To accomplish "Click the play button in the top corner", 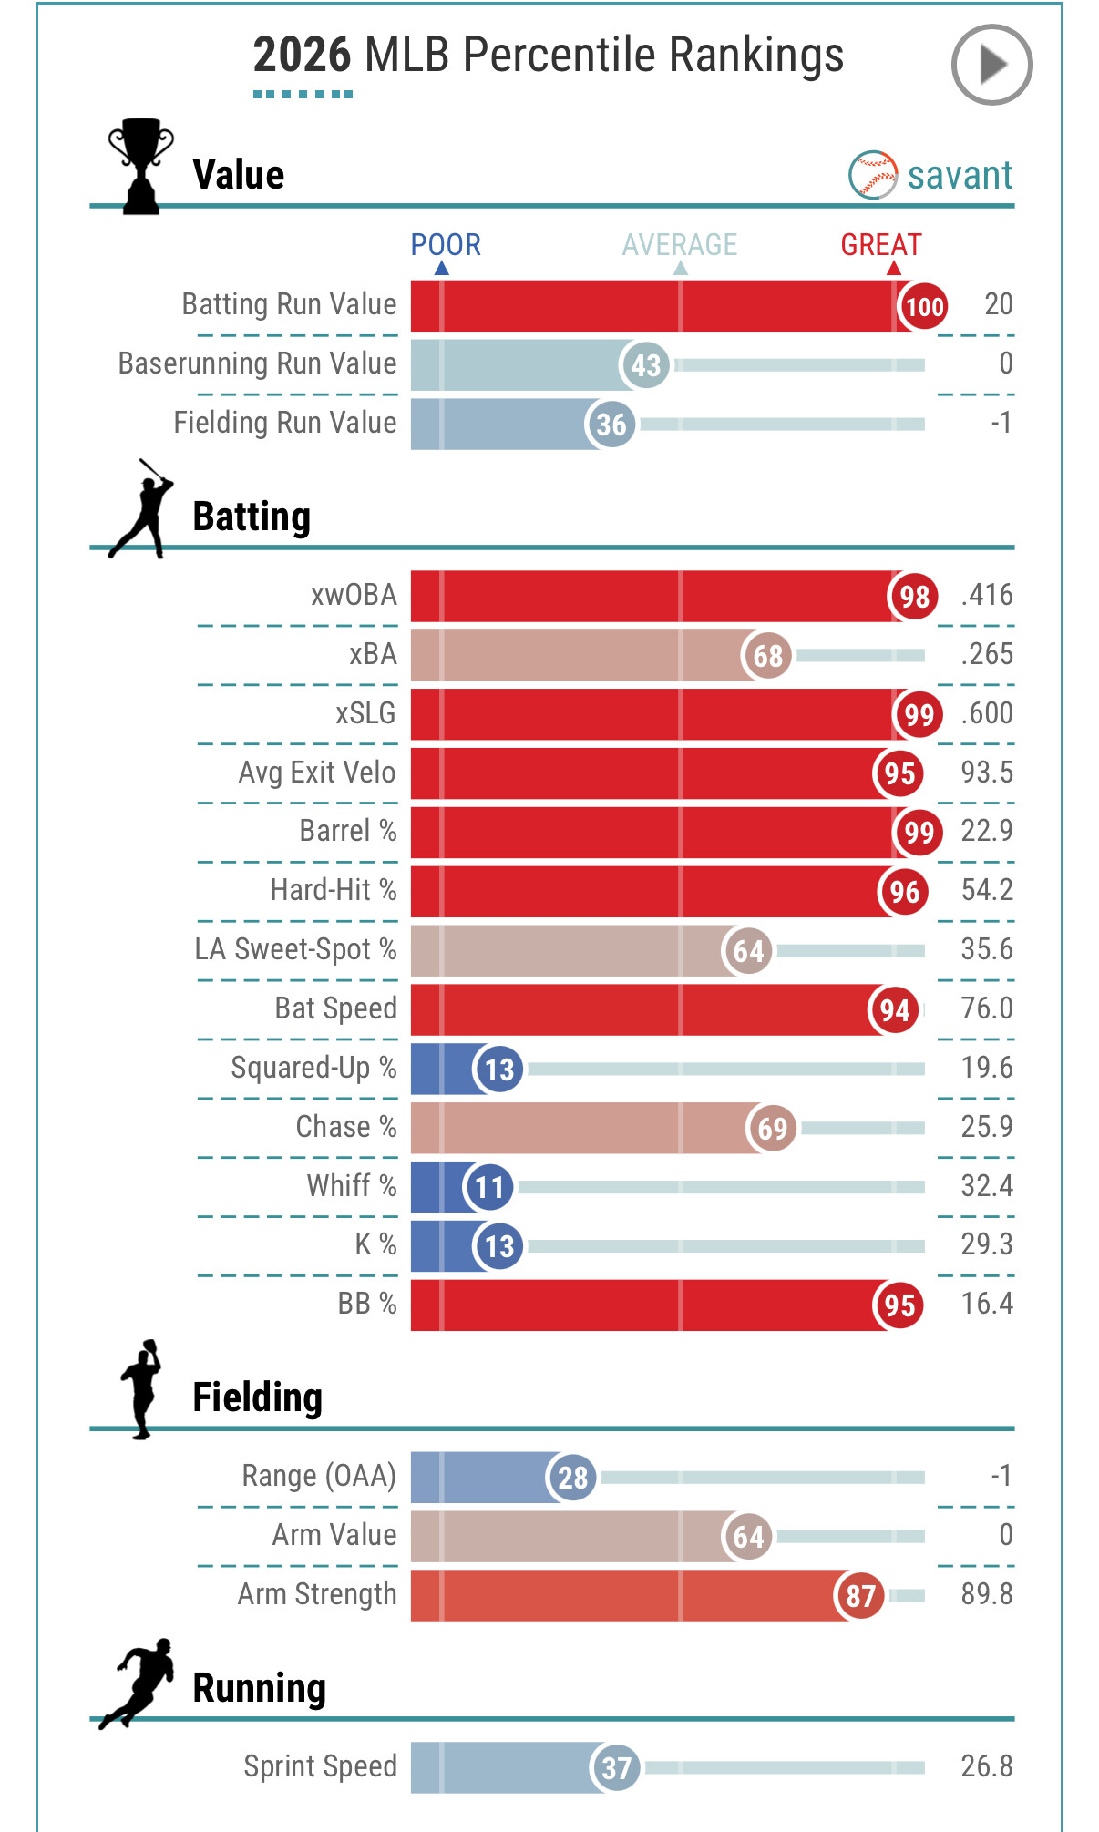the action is [991, 65].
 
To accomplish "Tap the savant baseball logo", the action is [873, 175].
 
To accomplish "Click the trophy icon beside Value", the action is [140, 166].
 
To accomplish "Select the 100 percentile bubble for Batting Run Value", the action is [923, 306].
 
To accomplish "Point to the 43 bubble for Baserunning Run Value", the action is [645, 365].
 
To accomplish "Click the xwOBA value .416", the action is [987, 595].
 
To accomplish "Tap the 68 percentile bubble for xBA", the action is [767, 655].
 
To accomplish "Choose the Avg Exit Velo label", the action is [317, 773].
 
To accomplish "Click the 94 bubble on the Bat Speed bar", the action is [894, 1009].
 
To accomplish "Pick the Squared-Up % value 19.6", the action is [987, 1068].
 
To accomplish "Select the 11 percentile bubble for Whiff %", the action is [489, 1187].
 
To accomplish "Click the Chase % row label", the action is [346, 1127].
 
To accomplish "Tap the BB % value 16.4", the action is [987, 1304].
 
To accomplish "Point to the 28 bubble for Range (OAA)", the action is [572, 1477].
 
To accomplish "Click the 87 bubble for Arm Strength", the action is [860, 1595].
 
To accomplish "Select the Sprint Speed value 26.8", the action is [987, 1766].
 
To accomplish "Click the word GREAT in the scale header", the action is [881, 244].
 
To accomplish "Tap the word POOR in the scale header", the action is [446, 244].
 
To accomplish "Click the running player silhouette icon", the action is [137, 1684].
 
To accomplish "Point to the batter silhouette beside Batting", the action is [140, 508].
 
